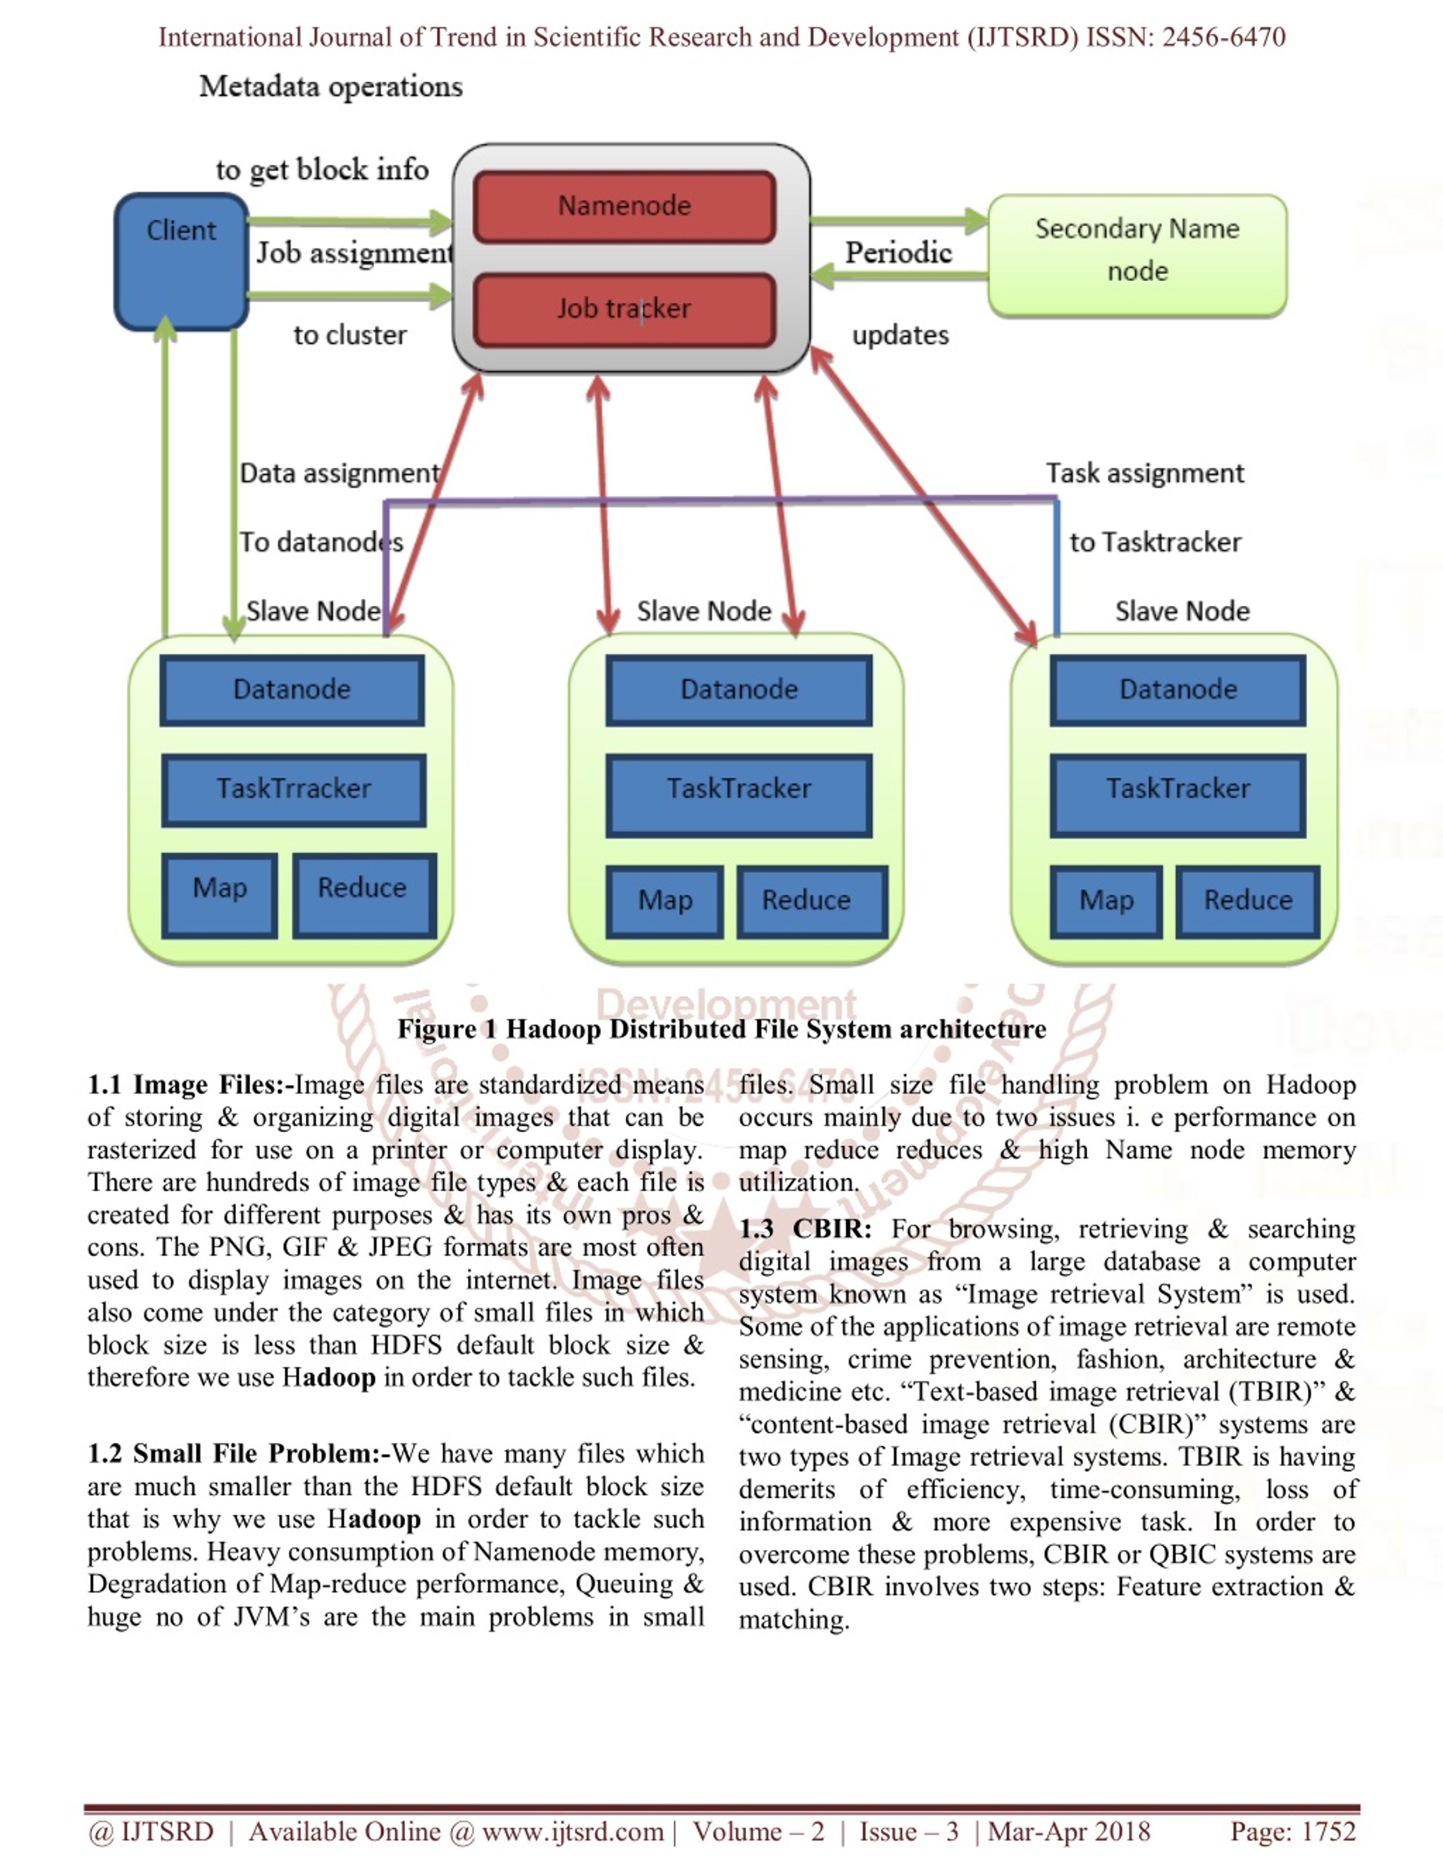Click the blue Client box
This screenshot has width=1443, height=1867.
point(182,261)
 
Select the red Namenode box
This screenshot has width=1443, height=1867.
point(625,206)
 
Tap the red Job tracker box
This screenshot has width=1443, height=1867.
point(625,309)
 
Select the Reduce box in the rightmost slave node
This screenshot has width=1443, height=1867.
point(1248,901)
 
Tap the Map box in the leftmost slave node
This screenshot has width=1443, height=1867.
point(220,895)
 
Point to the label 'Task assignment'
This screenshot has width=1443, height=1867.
point(1145,473)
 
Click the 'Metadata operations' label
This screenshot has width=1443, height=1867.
point(331,86)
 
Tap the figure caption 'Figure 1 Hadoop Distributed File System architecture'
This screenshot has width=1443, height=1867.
point(721,1028)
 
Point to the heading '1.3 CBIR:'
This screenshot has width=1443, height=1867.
point(805,1229)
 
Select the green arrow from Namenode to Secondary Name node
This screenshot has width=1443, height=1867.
point(898,220)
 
